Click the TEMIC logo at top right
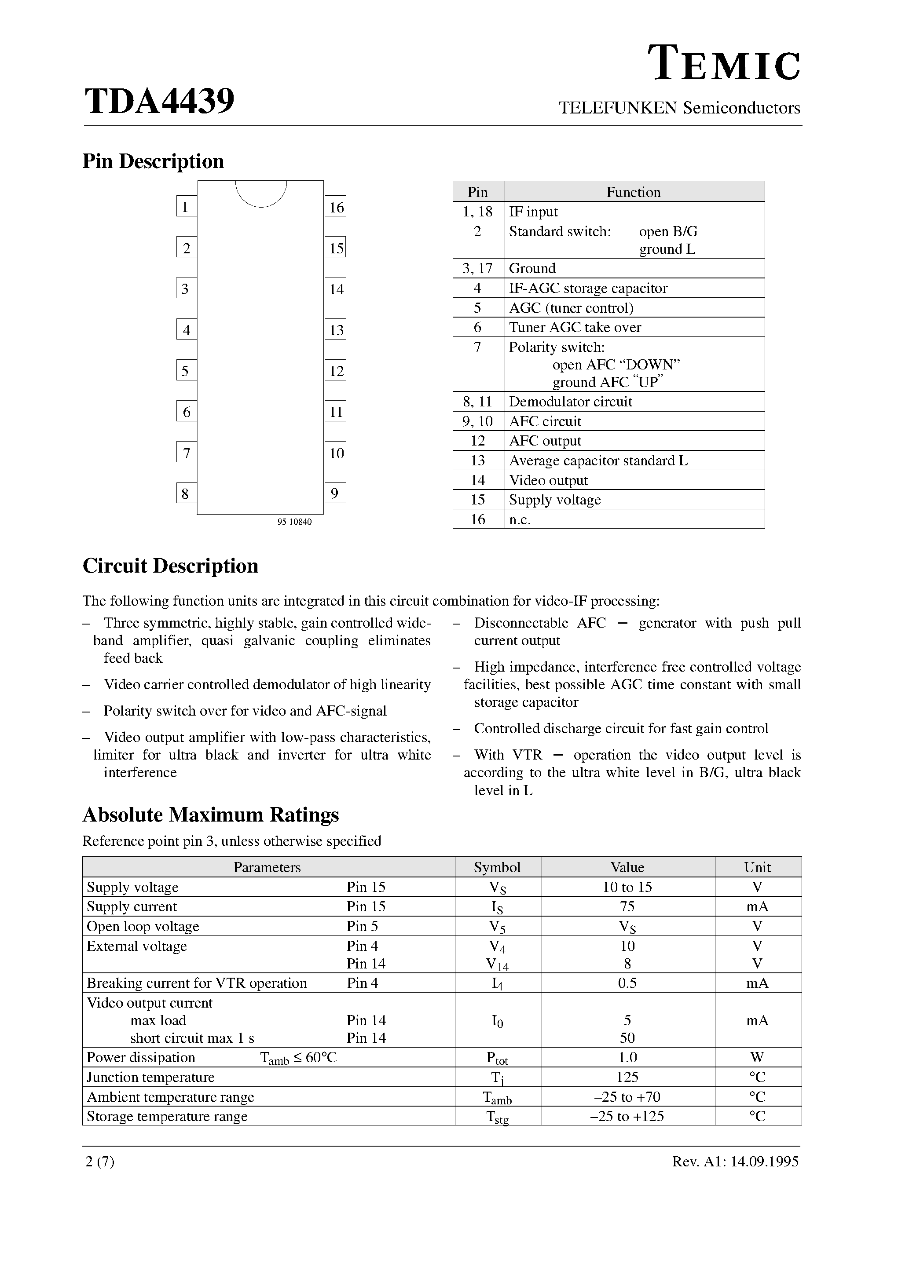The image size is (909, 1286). [x=724, y=64]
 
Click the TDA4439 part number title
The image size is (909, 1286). [x=159, y=102]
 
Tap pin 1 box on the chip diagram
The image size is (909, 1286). [x=186, y=207]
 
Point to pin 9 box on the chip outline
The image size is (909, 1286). [x=335, y=493]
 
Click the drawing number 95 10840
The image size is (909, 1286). [x=294, y=522]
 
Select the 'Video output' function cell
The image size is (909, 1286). [x=548, y=480]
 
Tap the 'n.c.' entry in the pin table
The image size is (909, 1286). [x=520, y=519]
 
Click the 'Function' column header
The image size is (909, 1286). [x=633, y=192]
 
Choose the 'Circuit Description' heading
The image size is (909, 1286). [x=170, y=566]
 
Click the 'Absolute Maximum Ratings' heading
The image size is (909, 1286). [x=211, y=815]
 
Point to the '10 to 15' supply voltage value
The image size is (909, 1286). [x=627, y=887]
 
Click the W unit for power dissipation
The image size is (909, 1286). [x=757, y=1057]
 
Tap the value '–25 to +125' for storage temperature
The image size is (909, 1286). [x=627, y=1116]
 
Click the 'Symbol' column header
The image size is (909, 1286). [x=497, y=867]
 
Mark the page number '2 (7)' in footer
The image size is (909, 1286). [x=100, y=1162]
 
